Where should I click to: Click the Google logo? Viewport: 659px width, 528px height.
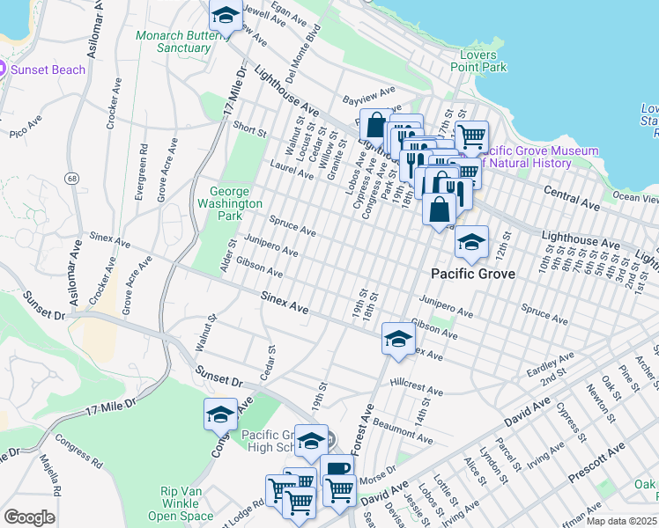[29, 517]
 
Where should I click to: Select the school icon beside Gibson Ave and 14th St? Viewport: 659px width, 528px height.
[397, 340]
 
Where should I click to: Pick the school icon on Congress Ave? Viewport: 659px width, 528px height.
[220, 414]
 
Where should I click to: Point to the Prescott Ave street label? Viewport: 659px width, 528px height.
[597, 457]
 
